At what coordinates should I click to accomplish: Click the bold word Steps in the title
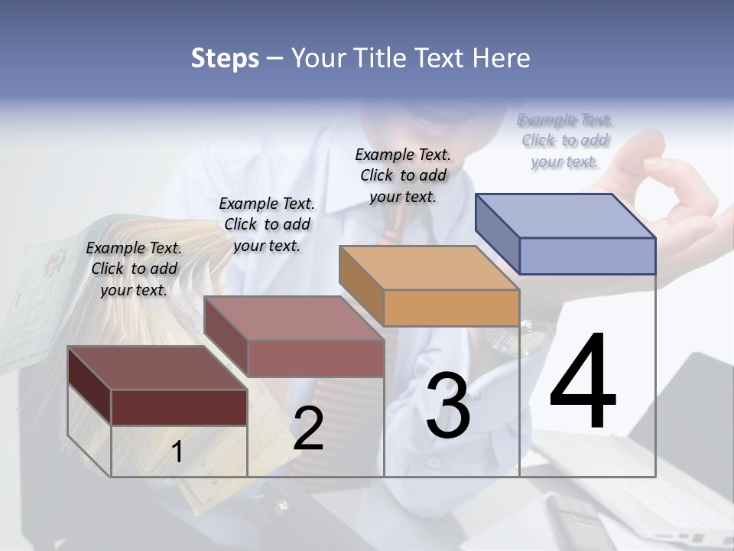click(225, 59)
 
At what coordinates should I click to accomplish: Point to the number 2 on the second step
click(308, 428)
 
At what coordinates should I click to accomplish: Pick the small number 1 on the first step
click(177, 452)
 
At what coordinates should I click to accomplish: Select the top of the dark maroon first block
click(157, 368)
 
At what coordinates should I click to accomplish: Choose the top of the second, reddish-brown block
click(293, 318)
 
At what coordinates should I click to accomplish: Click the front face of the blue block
click(587, 256)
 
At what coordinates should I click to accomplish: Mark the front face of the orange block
click(451, 308)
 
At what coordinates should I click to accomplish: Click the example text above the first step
click(134, 269)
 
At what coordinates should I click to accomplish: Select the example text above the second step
click(267, 224)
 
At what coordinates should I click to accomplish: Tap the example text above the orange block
click(403, 175)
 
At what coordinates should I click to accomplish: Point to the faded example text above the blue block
click(565, 140)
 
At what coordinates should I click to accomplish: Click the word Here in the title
click(502, 59)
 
